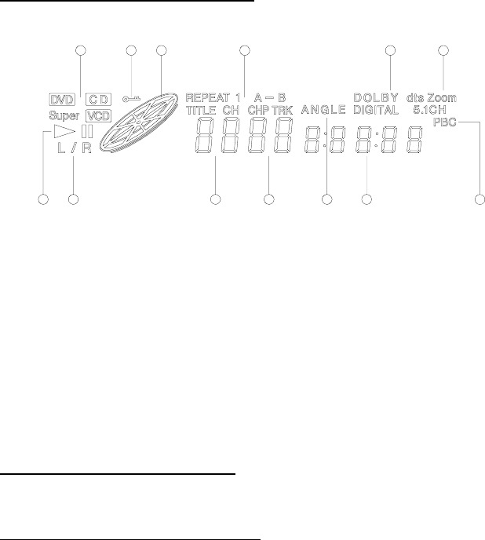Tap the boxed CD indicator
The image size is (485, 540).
tap(98, 100)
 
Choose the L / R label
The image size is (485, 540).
tap(75, 148)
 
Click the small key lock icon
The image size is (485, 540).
tap(132, 99)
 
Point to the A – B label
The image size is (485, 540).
tap(269, 98)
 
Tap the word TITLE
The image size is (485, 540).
tap(202, 111)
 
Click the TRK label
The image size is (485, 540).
tap(283, 111)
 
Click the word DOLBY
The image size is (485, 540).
tap(375, 98)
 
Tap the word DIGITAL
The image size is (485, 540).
tap(375, 111)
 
